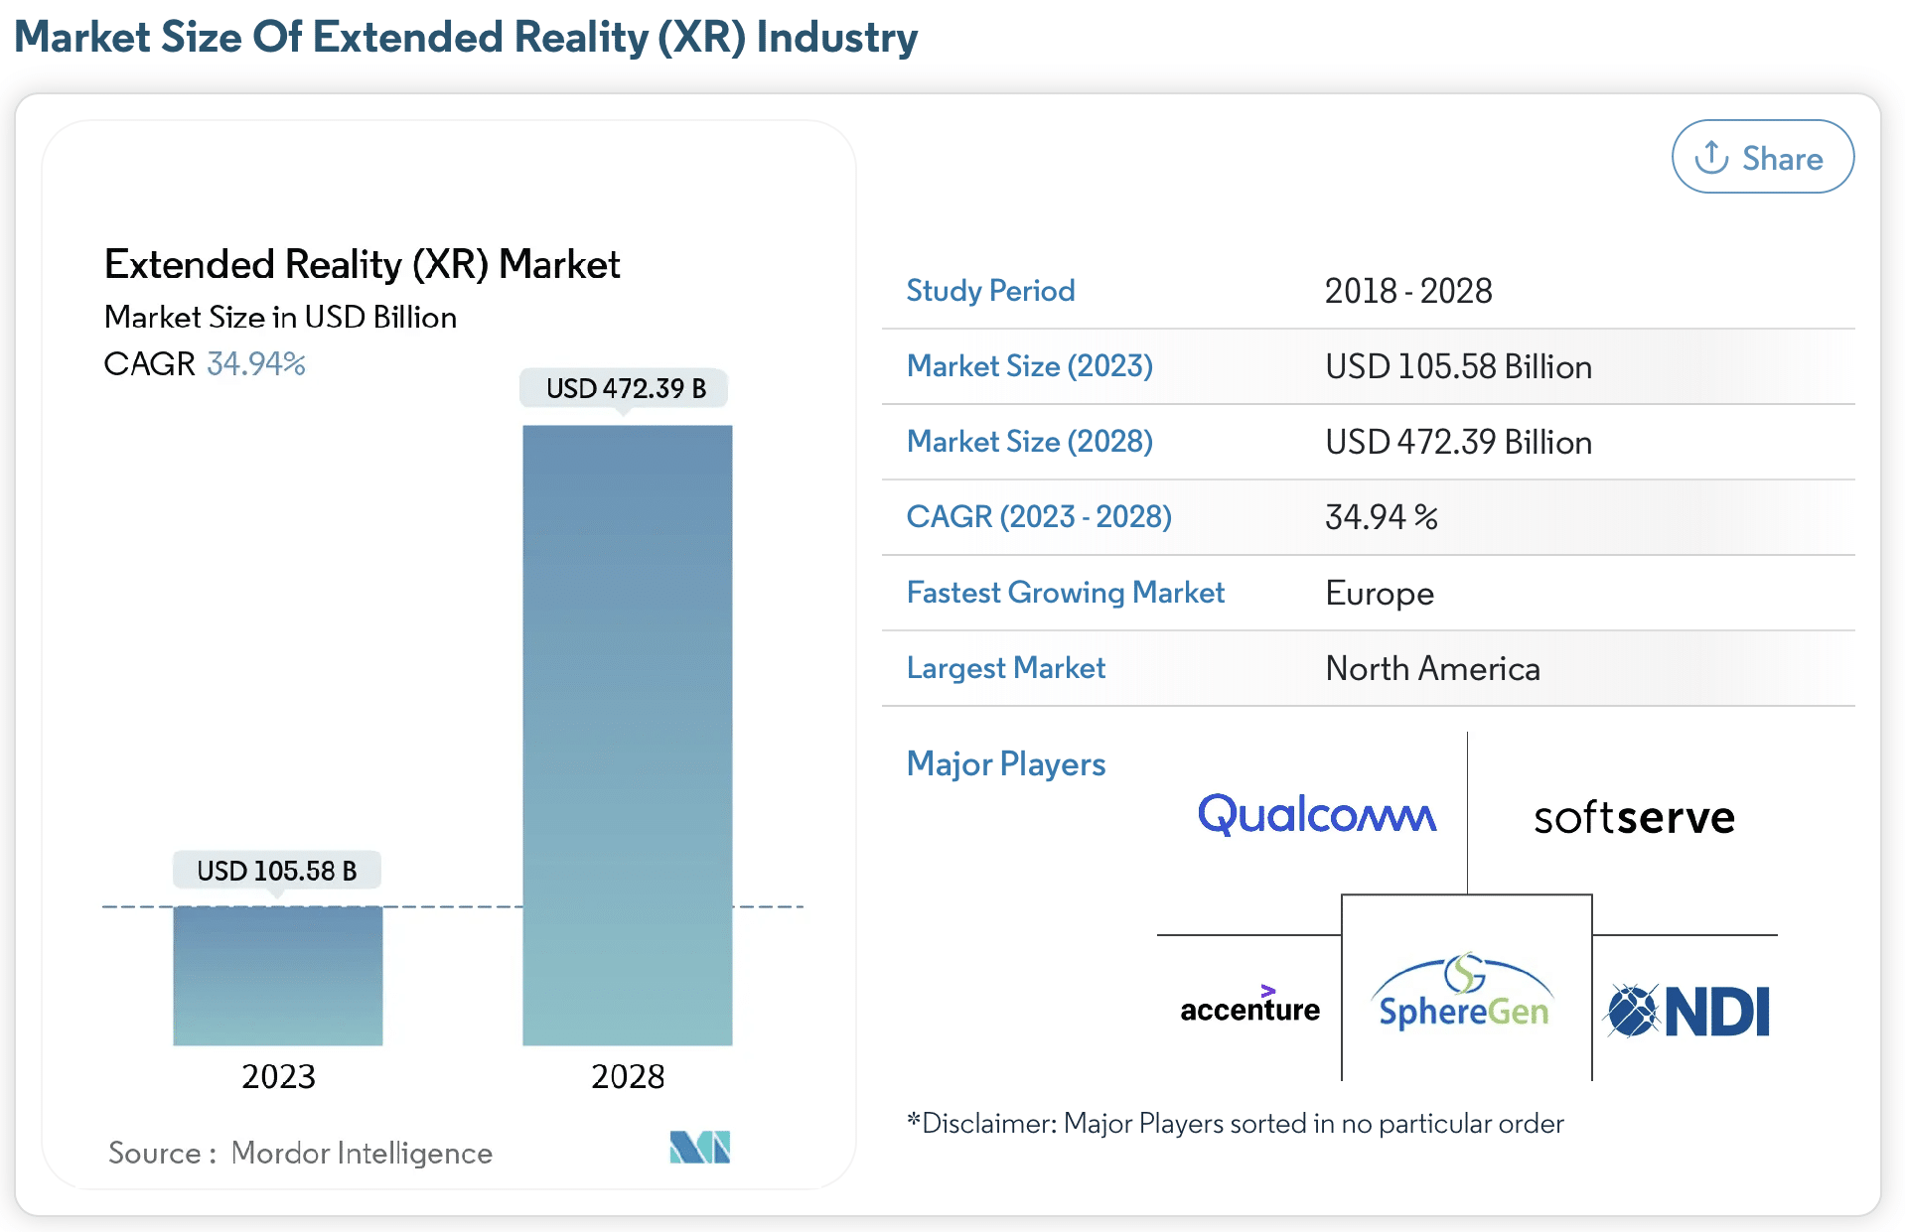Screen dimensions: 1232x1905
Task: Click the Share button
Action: [x=1762, y=157]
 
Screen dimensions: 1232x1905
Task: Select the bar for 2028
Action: [x=627, y=735]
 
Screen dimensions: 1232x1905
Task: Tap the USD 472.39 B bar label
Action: [x=625, y=388]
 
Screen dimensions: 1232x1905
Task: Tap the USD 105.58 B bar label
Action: [x=276, y=871]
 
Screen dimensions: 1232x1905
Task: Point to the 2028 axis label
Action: [x=627, y=1076]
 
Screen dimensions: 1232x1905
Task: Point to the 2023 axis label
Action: [x=278, y=1076]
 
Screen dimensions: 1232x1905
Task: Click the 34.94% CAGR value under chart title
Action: [x=256, y=363]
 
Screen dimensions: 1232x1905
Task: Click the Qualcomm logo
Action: [x=1316, y=814]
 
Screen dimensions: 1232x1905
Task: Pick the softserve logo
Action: [x=1634, y=818]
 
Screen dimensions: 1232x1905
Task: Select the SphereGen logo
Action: [x=1464, y=993]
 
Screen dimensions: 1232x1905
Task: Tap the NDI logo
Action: [x=1688, y=1011]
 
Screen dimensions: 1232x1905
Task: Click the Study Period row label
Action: [x=990, y=291]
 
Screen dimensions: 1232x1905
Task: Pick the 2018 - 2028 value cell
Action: [x=1408, y=291]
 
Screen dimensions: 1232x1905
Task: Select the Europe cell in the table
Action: [x=1380, y=594]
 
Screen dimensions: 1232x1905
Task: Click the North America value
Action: [x=1432, y=668]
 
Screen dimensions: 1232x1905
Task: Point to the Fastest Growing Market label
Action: [x=1065, y=593]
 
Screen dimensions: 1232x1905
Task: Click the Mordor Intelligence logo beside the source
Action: [x=699, y=1148]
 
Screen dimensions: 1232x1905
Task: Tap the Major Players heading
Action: [x=1005, y=764]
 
